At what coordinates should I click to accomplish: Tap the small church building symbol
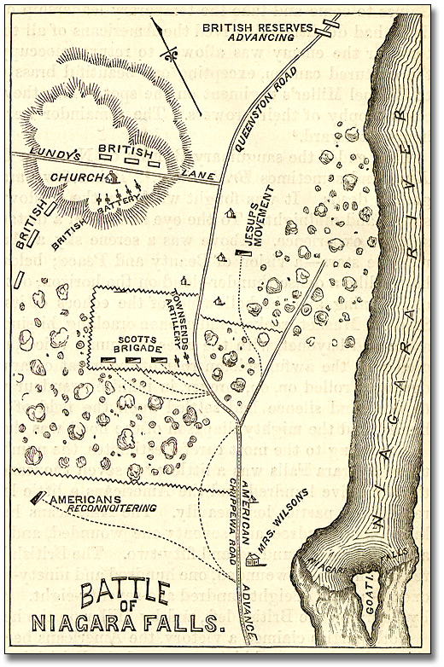point(112,177)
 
